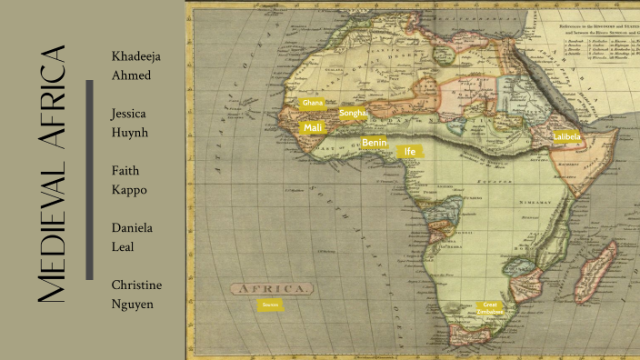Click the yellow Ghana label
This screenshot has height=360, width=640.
(313, 104)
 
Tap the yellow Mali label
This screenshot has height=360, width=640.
(313, 127)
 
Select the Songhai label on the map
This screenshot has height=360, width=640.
(353, 114)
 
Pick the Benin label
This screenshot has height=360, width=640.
(375, 143)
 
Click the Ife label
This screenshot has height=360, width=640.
(409, 152)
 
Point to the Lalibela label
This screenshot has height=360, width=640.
(565, 136)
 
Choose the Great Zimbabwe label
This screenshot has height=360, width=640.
(490, 308)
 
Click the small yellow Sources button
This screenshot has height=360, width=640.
(269, 305)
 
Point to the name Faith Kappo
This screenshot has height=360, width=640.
(129, 180)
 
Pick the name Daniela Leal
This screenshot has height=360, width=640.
(131, 236)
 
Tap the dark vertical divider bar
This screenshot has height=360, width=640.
(90, 179)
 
